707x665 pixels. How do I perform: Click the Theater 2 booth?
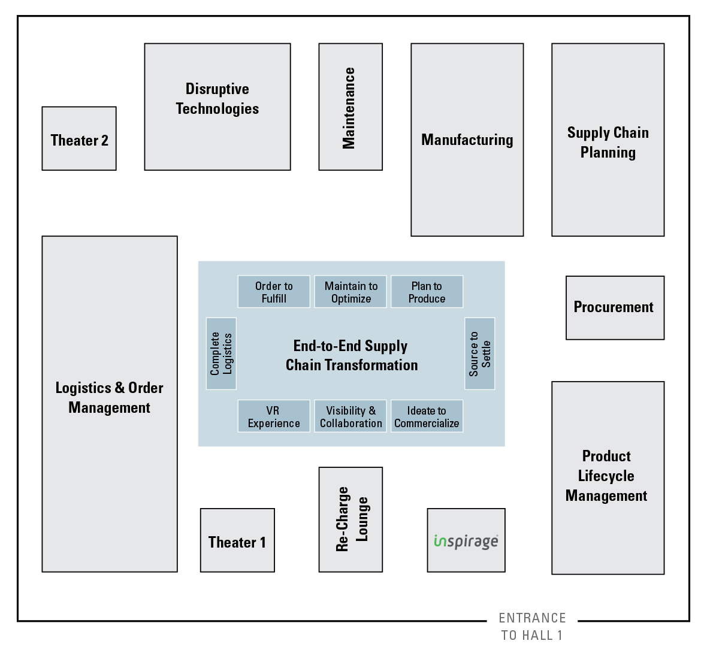79,139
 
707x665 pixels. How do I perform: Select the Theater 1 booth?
237,540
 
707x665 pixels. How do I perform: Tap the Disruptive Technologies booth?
217,107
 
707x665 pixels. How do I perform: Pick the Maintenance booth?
351,107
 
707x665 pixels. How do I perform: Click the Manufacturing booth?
467,140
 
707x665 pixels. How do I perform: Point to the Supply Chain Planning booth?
608,140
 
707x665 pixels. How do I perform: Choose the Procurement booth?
615,308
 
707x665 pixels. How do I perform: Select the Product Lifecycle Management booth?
608,477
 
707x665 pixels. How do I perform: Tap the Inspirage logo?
466,540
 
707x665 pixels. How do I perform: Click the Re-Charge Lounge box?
351,519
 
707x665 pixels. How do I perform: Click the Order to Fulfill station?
274,292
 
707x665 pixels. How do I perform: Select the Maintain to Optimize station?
351,292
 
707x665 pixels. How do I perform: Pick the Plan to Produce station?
427,292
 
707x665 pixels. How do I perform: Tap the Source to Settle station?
480,353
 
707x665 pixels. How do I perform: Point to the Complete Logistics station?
221,353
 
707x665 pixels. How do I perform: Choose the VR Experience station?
274,416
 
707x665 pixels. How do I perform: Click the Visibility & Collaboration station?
351,416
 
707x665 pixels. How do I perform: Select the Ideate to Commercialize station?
427,416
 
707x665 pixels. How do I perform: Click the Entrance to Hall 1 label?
533,627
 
